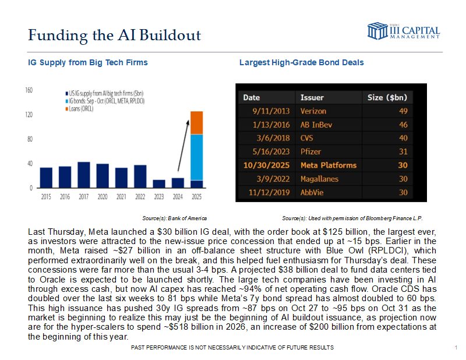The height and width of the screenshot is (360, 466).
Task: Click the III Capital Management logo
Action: [403, 31]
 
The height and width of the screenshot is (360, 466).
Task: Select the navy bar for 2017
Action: [83, 175]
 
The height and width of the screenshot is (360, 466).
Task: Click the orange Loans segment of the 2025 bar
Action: [197, 122]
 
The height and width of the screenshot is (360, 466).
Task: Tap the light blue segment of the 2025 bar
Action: [197, 157]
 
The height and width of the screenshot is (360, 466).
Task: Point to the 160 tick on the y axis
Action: [29, 90]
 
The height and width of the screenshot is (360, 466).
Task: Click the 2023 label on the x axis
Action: [159, 197]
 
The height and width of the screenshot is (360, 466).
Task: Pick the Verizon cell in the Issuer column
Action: [313, 111]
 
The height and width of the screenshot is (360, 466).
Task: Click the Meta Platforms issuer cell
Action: [328, 165]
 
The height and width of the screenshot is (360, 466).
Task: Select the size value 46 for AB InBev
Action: [402, 125]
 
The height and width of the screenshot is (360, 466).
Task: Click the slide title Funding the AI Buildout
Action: [114, 35]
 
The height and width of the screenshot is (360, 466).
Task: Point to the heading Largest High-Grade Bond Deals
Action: [302, 62]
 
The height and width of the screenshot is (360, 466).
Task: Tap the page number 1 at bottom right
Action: [454, 348]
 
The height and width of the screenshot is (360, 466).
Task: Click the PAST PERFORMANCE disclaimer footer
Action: [233, 347]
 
